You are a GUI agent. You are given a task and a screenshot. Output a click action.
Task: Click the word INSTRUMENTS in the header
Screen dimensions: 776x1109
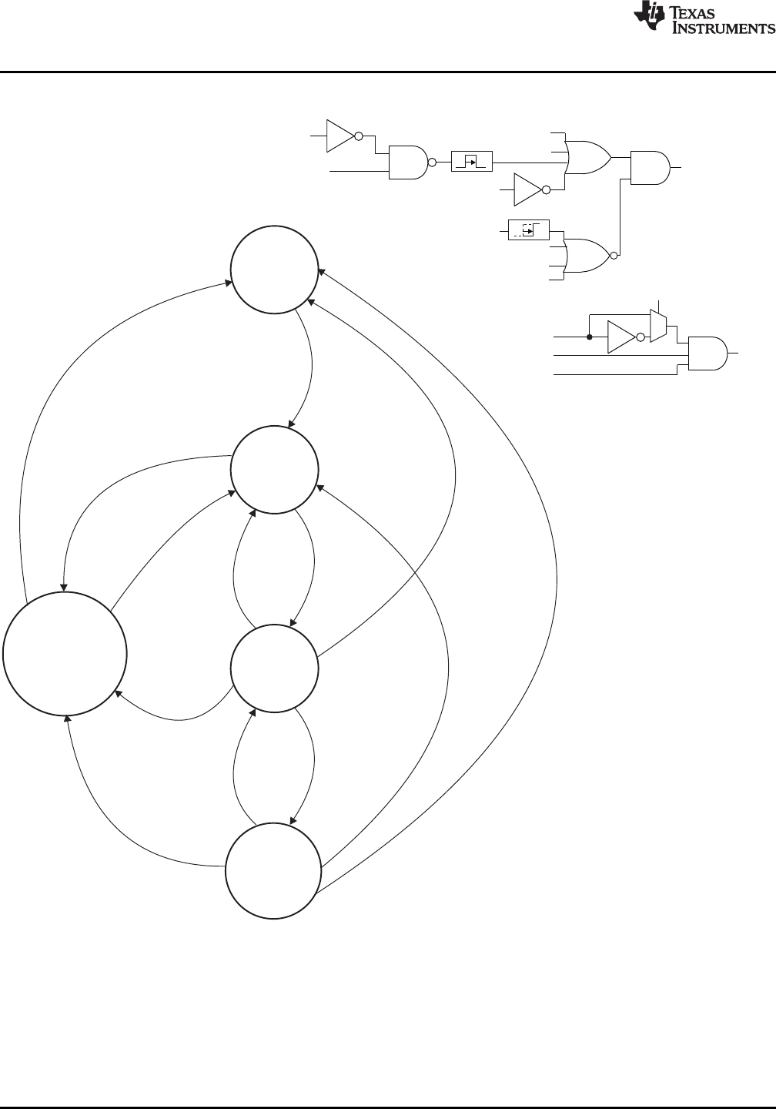point(723,28)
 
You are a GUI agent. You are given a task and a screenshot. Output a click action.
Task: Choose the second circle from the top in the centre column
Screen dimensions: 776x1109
point(275,470)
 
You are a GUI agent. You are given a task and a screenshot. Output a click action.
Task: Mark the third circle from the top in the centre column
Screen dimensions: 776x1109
point(275,668)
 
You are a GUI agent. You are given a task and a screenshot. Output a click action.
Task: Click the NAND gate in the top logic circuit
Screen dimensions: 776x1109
point(408,162)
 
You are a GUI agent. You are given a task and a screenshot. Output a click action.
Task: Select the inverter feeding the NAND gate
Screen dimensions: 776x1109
point(341,136)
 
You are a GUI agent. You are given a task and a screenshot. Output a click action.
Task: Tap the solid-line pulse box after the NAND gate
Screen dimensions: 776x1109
point(471,162)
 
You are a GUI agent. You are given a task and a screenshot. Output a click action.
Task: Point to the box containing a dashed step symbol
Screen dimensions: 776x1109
point(528,230)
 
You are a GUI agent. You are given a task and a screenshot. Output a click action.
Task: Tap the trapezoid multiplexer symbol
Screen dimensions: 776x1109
point(657,326)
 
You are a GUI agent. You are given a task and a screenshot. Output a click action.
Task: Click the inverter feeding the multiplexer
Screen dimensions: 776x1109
point(622,337)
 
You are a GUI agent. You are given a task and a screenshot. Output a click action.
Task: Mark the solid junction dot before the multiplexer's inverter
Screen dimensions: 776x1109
point(589,337)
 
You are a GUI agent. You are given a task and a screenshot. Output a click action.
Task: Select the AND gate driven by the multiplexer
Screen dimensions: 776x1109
point(707,353)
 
